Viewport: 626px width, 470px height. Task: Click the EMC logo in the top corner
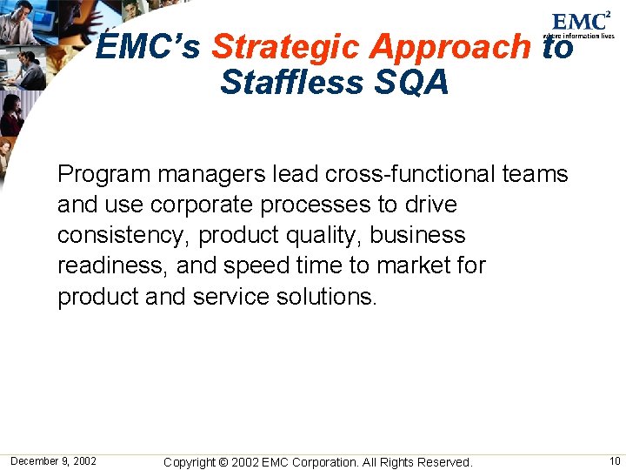[582, 23]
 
